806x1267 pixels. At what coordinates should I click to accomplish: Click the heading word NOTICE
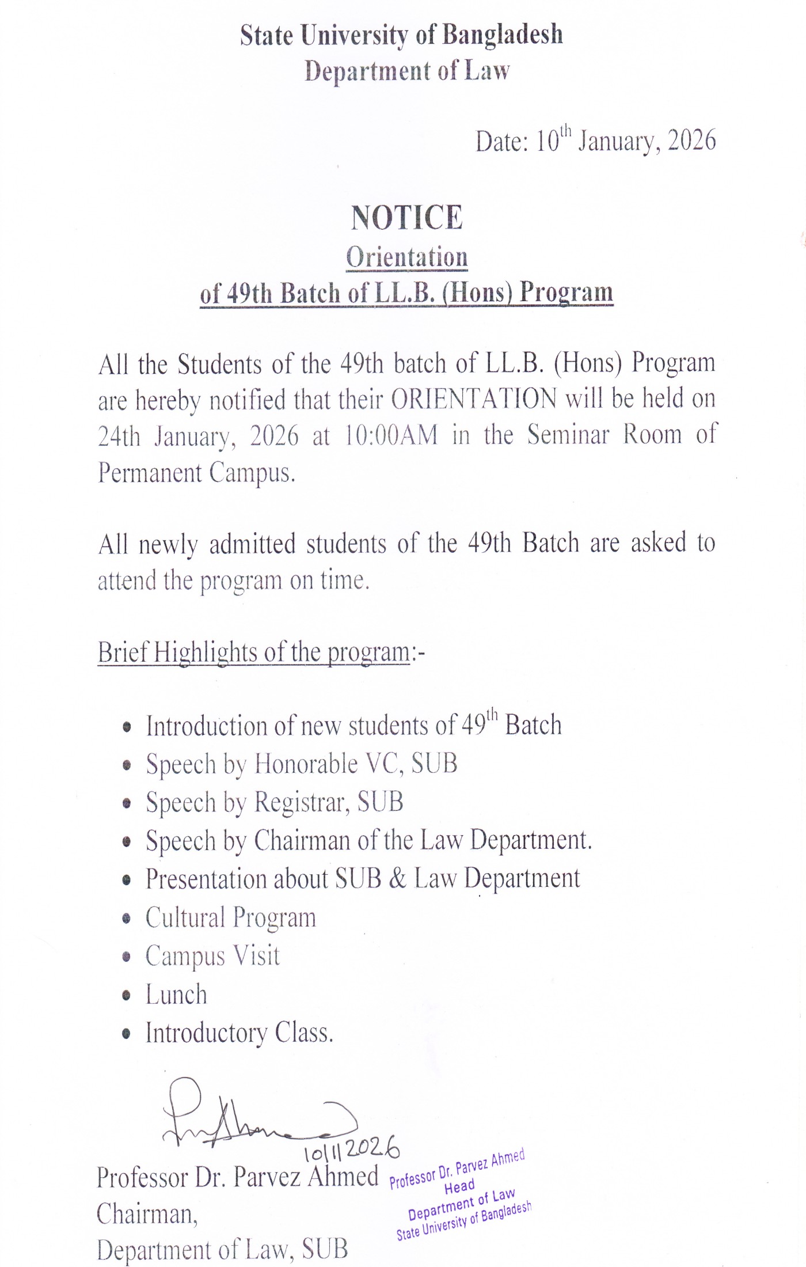[406, 218]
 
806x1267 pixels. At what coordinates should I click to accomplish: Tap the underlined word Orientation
[406, 257]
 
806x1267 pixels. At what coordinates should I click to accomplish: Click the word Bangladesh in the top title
[502, 35]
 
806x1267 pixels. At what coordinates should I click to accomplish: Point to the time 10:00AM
[391, 435]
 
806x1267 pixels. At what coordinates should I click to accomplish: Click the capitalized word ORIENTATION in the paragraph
[474, 399]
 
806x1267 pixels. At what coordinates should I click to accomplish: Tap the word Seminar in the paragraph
[568, 435]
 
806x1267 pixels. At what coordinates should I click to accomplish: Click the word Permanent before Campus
[150, 472]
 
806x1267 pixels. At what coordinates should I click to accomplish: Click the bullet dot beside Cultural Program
[127, 919]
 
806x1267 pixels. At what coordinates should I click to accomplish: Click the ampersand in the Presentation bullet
[397, 879]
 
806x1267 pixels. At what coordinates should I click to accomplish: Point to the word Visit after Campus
[257, 956]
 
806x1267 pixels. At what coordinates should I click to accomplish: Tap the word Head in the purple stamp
[459, 1186]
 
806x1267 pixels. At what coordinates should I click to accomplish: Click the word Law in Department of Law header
[487, 71]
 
